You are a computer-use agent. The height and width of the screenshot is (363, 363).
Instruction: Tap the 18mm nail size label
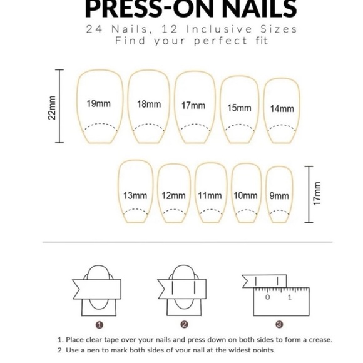(x=149, y=104)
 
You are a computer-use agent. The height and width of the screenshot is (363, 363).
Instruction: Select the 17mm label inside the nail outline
(x=193, y=105)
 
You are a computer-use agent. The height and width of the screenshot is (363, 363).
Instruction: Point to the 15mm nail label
(x=239, y=108)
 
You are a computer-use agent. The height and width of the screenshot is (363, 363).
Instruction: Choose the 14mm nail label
(x=282, y=108)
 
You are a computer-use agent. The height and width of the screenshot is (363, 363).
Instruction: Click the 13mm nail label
(x=135, y=195)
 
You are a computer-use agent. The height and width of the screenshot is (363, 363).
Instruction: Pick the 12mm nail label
(x=173, y=195)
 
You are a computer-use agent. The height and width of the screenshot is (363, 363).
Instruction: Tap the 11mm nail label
(x=210, y=195)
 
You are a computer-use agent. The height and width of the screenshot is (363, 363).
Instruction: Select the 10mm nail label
(x=245, y=195)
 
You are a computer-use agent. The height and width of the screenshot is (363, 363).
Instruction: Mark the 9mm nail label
(x=279, y=195)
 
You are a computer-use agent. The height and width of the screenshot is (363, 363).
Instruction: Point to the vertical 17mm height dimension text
(x=317, y=193)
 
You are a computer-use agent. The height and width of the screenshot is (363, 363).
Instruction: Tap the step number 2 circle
(x=184, y=324)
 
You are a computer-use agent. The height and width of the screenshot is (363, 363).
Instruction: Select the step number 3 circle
(x=279, y=324)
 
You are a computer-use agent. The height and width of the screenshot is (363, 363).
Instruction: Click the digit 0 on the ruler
(x=267, y=297)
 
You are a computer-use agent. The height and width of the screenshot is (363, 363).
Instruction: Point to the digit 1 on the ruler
(x=289, y=297)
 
